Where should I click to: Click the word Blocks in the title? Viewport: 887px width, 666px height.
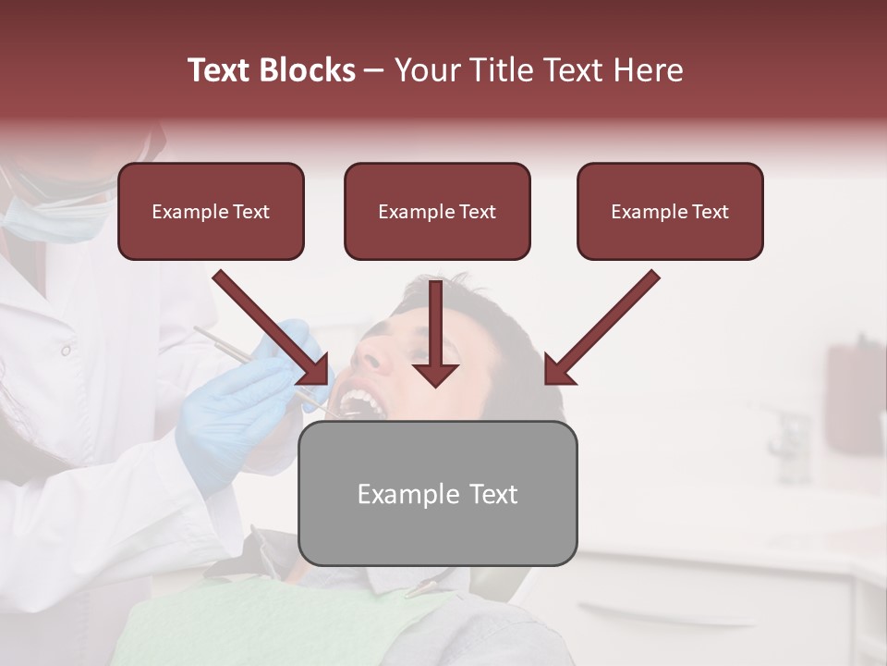tap(309, 70)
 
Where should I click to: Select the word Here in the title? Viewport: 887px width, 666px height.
tap(647, 70)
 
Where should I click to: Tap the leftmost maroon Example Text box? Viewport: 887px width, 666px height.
tap(211, 211)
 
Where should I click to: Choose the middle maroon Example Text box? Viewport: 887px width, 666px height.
tap(437, 211)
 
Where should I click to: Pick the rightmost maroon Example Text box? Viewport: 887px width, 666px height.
tap(670, 211)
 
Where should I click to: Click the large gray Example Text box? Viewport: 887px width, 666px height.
tap(437, 493)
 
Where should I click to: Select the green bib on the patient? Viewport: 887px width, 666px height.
tap(277, 629)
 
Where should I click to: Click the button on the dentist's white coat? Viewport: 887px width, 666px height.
tap(66, 351)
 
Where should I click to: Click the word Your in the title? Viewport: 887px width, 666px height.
tap(428, 70)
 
